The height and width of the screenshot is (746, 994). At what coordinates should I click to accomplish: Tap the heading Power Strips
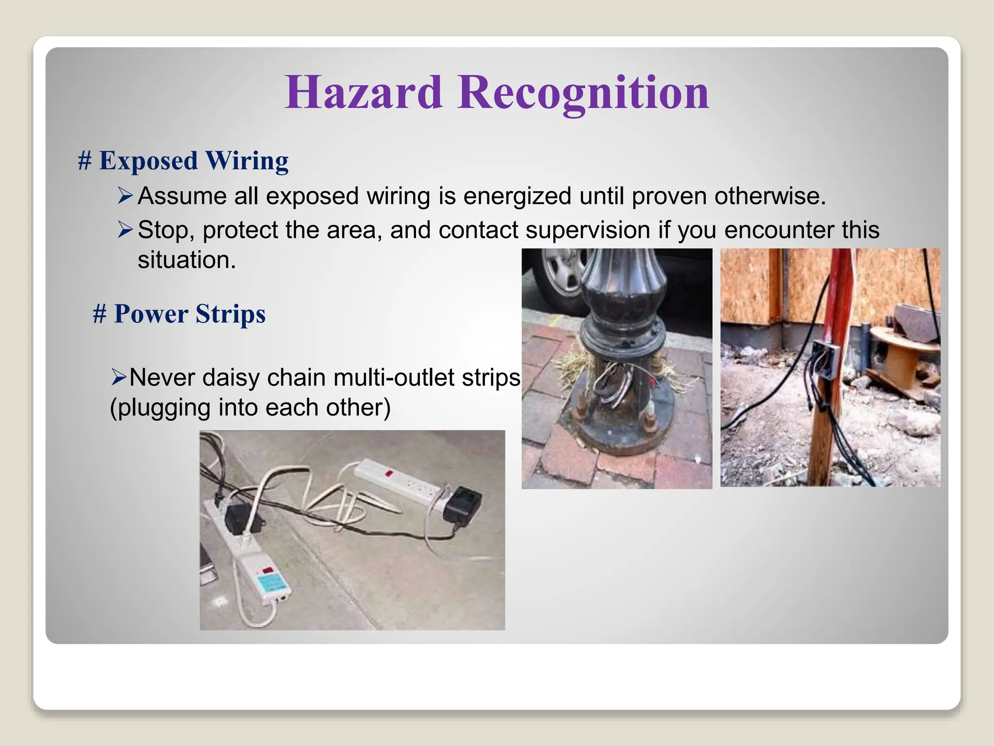click(x=189, y=314)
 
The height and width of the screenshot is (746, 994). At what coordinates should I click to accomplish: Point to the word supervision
click(x=588, y=230)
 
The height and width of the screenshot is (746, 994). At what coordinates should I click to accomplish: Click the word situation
click(x=186, y=260)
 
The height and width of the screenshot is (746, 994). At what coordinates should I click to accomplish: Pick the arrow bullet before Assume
click(x=125, y=196)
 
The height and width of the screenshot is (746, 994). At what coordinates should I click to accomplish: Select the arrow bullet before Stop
click(x=125, y=229)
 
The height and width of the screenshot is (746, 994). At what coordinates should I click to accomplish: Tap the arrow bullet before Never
click(x=118, y=377)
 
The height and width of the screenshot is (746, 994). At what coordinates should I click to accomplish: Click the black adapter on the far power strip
click(x=463, y=502)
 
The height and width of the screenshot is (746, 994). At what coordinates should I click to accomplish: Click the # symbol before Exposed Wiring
click(x=85, y=161)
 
